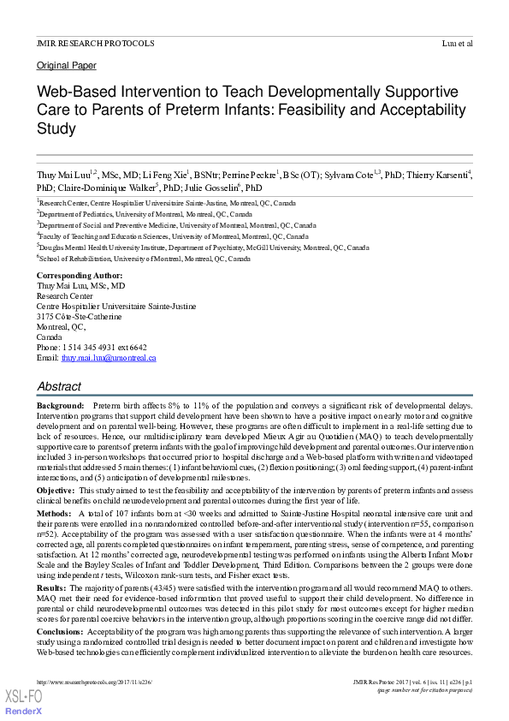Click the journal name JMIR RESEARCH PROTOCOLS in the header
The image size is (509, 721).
[x=96, y=43]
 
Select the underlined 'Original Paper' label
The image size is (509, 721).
[x=67, y=66]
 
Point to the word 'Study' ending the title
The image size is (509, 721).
[x=56, y=129]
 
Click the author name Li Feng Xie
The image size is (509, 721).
[x=168, y=175]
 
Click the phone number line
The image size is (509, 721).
[x=92, y=348]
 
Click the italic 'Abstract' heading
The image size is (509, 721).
[x=59, y=387]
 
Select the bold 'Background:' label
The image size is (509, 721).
[x=61, y=404]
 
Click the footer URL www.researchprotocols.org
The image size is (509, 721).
[x=94, y=682]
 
